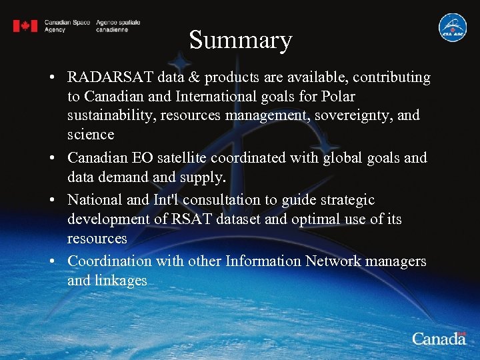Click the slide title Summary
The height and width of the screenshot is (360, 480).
click(x=241, y=40)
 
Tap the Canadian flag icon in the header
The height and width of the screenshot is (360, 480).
click(x=25, y=26)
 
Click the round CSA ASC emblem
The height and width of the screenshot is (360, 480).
click(x=452, y=27)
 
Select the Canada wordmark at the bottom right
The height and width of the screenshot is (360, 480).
click(x=439, y=338)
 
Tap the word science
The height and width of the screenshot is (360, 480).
click(x=91, y=135)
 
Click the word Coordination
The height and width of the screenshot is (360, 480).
click(x=109, y=261)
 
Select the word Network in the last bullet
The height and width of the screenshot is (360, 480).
click(x=332, y=261)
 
